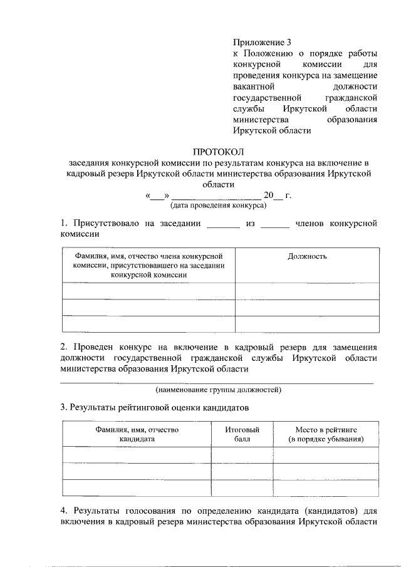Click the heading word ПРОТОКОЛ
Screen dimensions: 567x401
tap(218, 151)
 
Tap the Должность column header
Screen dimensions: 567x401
tap(307, 256)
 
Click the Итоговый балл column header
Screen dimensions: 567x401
tap(242, 434)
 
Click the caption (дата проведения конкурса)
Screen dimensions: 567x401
tap(218, 205)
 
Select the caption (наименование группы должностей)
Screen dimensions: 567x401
tap(219, 390)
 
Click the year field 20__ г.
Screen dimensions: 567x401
tap(278, 195)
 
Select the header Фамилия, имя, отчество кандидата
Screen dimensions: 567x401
tap(137, 434)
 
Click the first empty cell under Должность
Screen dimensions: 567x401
tap(307, 291)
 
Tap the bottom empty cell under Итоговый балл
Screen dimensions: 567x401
tap(242, 487)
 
